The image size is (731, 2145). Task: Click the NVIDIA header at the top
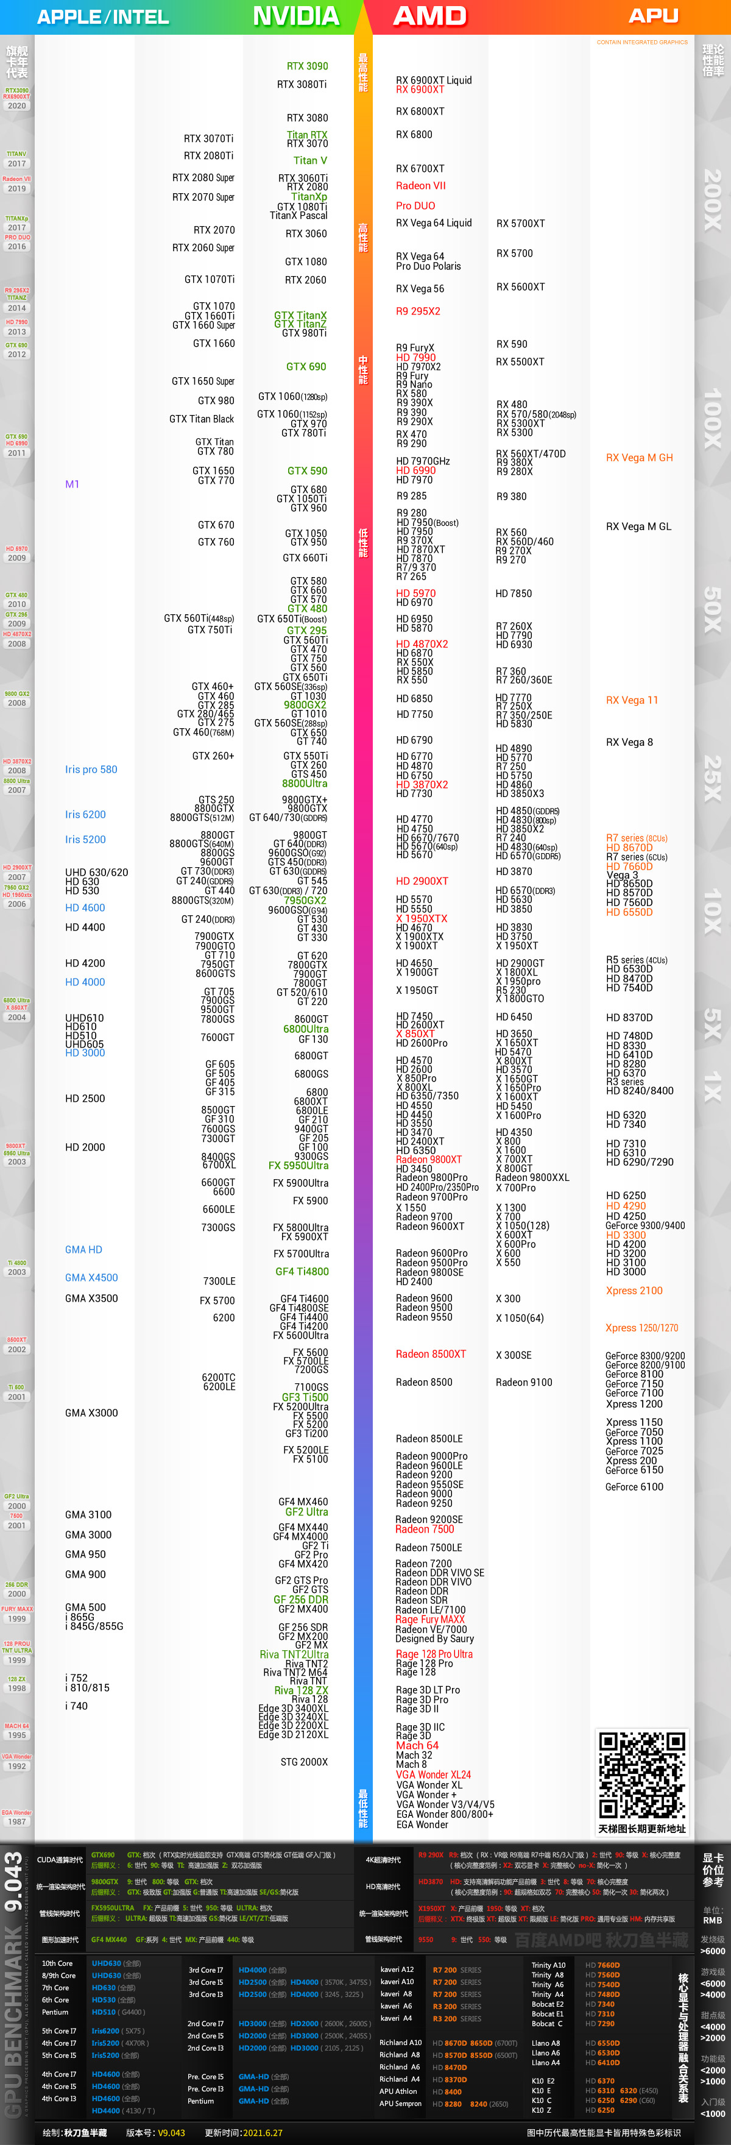point(295,16)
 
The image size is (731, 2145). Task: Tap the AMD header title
point(429,16)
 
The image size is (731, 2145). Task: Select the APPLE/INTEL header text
point(102,16)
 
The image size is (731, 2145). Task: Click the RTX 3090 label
point(307,66)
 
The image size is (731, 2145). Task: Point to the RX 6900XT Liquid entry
point(433,80)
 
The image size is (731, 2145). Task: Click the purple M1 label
point(72,484)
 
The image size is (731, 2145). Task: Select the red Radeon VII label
point(420,186)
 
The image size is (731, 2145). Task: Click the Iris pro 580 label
point(91,770)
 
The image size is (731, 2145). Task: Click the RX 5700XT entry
point(520,223)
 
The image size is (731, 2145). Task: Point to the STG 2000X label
point(304,1762)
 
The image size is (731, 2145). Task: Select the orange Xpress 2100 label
point(634,1291)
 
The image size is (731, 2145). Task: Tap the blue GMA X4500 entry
point(91,1277)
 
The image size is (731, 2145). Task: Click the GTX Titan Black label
point(202,419)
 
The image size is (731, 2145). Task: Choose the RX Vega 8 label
point(629,742)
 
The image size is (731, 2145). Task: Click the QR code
point(642,1774)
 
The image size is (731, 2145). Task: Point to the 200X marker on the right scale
point(713,200)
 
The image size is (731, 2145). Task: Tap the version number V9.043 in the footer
point(172,2133)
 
